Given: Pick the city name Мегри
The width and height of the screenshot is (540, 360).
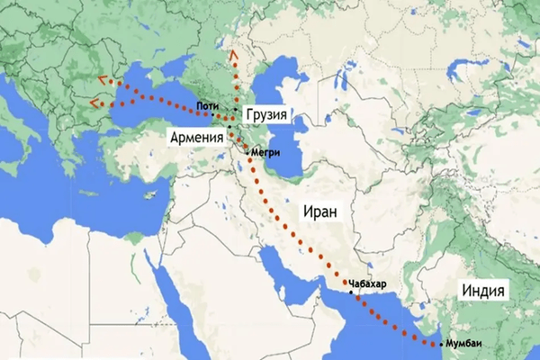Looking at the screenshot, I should point(270,153).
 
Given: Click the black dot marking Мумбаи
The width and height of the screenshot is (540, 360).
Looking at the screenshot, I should point(440,344).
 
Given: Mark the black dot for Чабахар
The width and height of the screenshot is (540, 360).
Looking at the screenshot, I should point(351,292).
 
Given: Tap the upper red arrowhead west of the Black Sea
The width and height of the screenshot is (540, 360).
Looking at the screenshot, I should point(99,78).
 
